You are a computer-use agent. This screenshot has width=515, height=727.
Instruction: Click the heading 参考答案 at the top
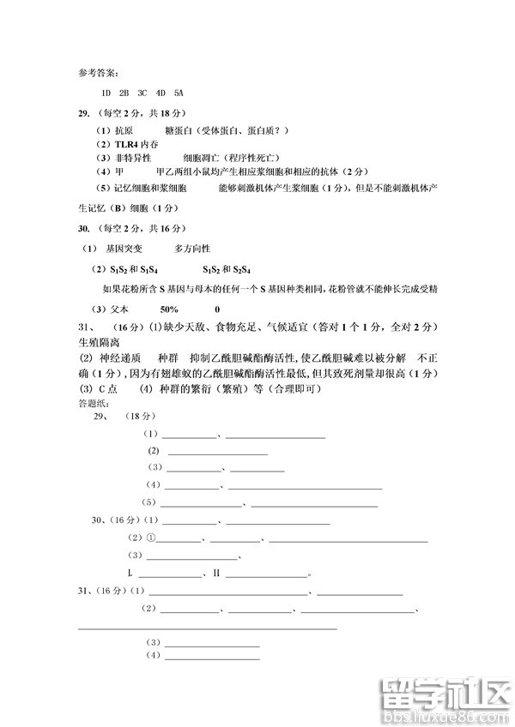(94, 72)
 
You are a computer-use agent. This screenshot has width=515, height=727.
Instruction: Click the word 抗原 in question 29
(124, 130)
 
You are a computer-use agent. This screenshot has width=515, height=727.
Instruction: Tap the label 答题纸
(89, 403)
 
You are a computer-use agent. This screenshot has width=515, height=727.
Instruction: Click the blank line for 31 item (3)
(213, 645)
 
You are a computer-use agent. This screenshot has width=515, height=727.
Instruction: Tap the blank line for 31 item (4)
(213, 658)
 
